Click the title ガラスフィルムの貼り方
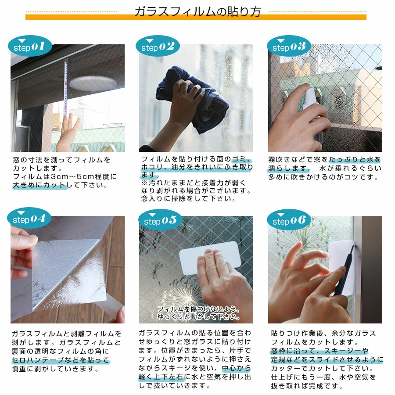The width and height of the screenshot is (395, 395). click(x=197, y=11)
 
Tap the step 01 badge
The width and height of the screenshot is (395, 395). click(x=29, y=47)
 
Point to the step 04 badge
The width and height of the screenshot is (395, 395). click(x=29, y=219)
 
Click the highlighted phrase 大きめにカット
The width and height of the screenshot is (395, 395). click(x=39, y=185)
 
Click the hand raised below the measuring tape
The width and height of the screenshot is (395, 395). click(x=68, y=132)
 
